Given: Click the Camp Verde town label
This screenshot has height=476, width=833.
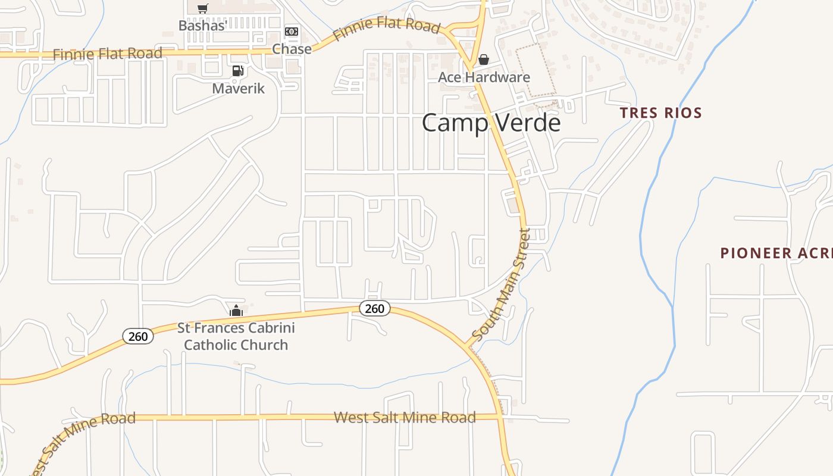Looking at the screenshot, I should point(491,123).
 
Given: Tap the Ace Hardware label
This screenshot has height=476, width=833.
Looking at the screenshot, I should point(484,77).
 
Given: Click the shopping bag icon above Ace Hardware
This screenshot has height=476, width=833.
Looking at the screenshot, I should point(484,59).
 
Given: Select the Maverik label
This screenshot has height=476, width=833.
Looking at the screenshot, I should point(238,89).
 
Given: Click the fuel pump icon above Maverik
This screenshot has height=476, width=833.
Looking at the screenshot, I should point(237,71).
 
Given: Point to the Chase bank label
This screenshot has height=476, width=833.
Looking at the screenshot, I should point(292,49).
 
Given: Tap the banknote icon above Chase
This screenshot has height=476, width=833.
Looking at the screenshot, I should point(292,32).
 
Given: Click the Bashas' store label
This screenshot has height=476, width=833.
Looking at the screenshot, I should point(203,26).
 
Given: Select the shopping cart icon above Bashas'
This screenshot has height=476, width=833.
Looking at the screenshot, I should point(203,8).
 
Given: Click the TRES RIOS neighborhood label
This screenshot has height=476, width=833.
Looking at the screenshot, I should point(660,113).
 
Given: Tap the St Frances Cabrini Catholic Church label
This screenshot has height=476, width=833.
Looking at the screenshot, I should point(236,336).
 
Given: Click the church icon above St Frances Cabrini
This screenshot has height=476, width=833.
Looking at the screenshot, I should point(236,311).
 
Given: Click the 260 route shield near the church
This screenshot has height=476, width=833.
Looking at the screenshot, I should point(374,308).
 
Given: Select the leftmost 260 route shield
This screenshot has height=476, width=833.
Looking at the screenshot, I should point(138,336).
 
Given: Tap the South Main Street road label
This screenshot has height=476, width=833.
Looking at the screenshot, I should point(500,286).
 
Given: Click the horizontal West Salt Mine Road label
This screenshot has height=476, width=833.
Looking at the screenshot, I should point(405,417).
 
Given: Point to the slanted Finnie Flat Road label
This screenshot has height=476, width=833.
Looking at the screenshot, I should point(387,28).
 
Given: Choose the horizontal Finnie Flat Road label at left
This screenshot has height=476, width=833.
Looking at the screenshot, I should point(107,54).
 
